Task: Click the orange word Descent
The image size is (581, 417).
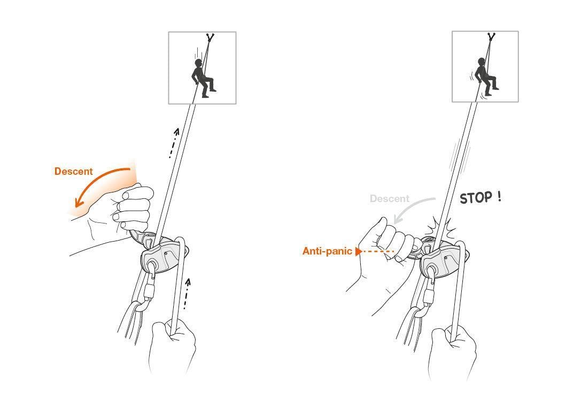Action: (x=73, y=172)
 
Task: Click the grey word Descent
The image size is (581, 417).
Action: (x=389, y=199)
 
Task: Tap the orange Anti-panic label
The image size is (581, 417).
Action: (x=327, y=251)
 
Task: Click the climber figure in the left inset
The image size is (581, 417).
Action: (x=202, y=78)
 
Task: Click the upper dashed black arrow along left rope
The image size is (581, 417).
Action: (x=173, y=143)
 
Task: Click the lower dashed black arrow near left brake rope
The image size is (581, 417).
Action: (x=185, y=294)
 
